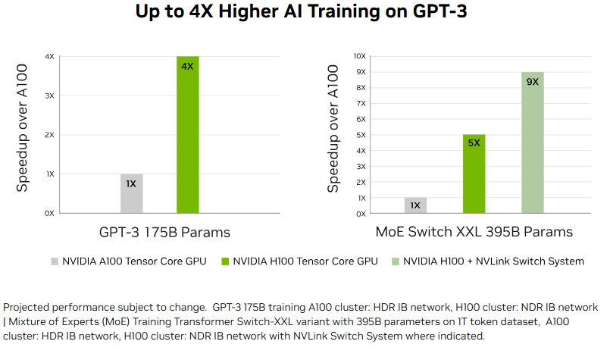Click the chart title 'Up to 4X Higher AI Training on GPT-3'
[x=305, y=13]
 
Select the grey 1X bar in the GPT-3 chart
[x=131, y=194]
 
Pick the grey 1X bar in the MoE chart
[x=415, y=205]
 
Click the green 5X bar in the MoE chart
[x=474, y=174]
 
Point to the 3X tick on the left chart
[x=49, y=95]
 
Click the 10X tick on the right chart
[x=361, y=56]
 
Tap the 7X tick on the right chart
[x=361, y=104]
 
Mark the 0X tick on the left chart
[x=49, y=213]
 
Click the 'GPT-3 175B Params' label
[x=164, y=232]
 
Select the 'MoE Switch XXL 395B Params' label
[x=474, y=232]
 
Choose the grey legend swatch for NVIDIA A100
[x=55, y=261]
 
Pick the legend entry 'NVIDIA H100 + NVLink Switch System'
[x=493, y=261]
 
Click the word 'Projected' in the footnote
[x=27, y=308]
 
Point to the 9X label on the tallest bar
[x=532, y=82]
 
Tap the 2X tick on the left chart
[x=49, y=135]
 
